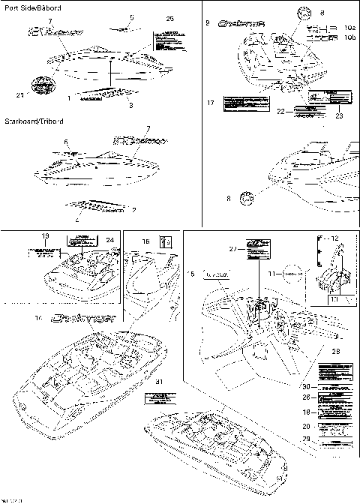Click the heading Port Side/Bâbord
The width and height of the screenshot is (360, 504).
[33, 7]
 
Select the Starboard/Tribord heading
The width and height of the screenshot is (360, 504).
[34, 121]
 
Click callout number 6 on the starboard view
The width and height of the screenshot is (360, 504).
[66, 140]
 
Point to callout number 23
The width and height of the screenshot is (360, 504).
[338, 116]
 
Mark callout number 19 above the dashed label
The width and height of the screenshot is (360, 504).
[44, 235]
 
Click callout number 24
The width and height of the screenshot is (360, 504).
[109, 240]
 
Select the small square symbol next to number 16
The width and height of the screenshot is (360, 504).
[167, 240]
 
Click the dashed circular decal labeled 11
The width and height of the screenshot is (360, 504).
[295, 275]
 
